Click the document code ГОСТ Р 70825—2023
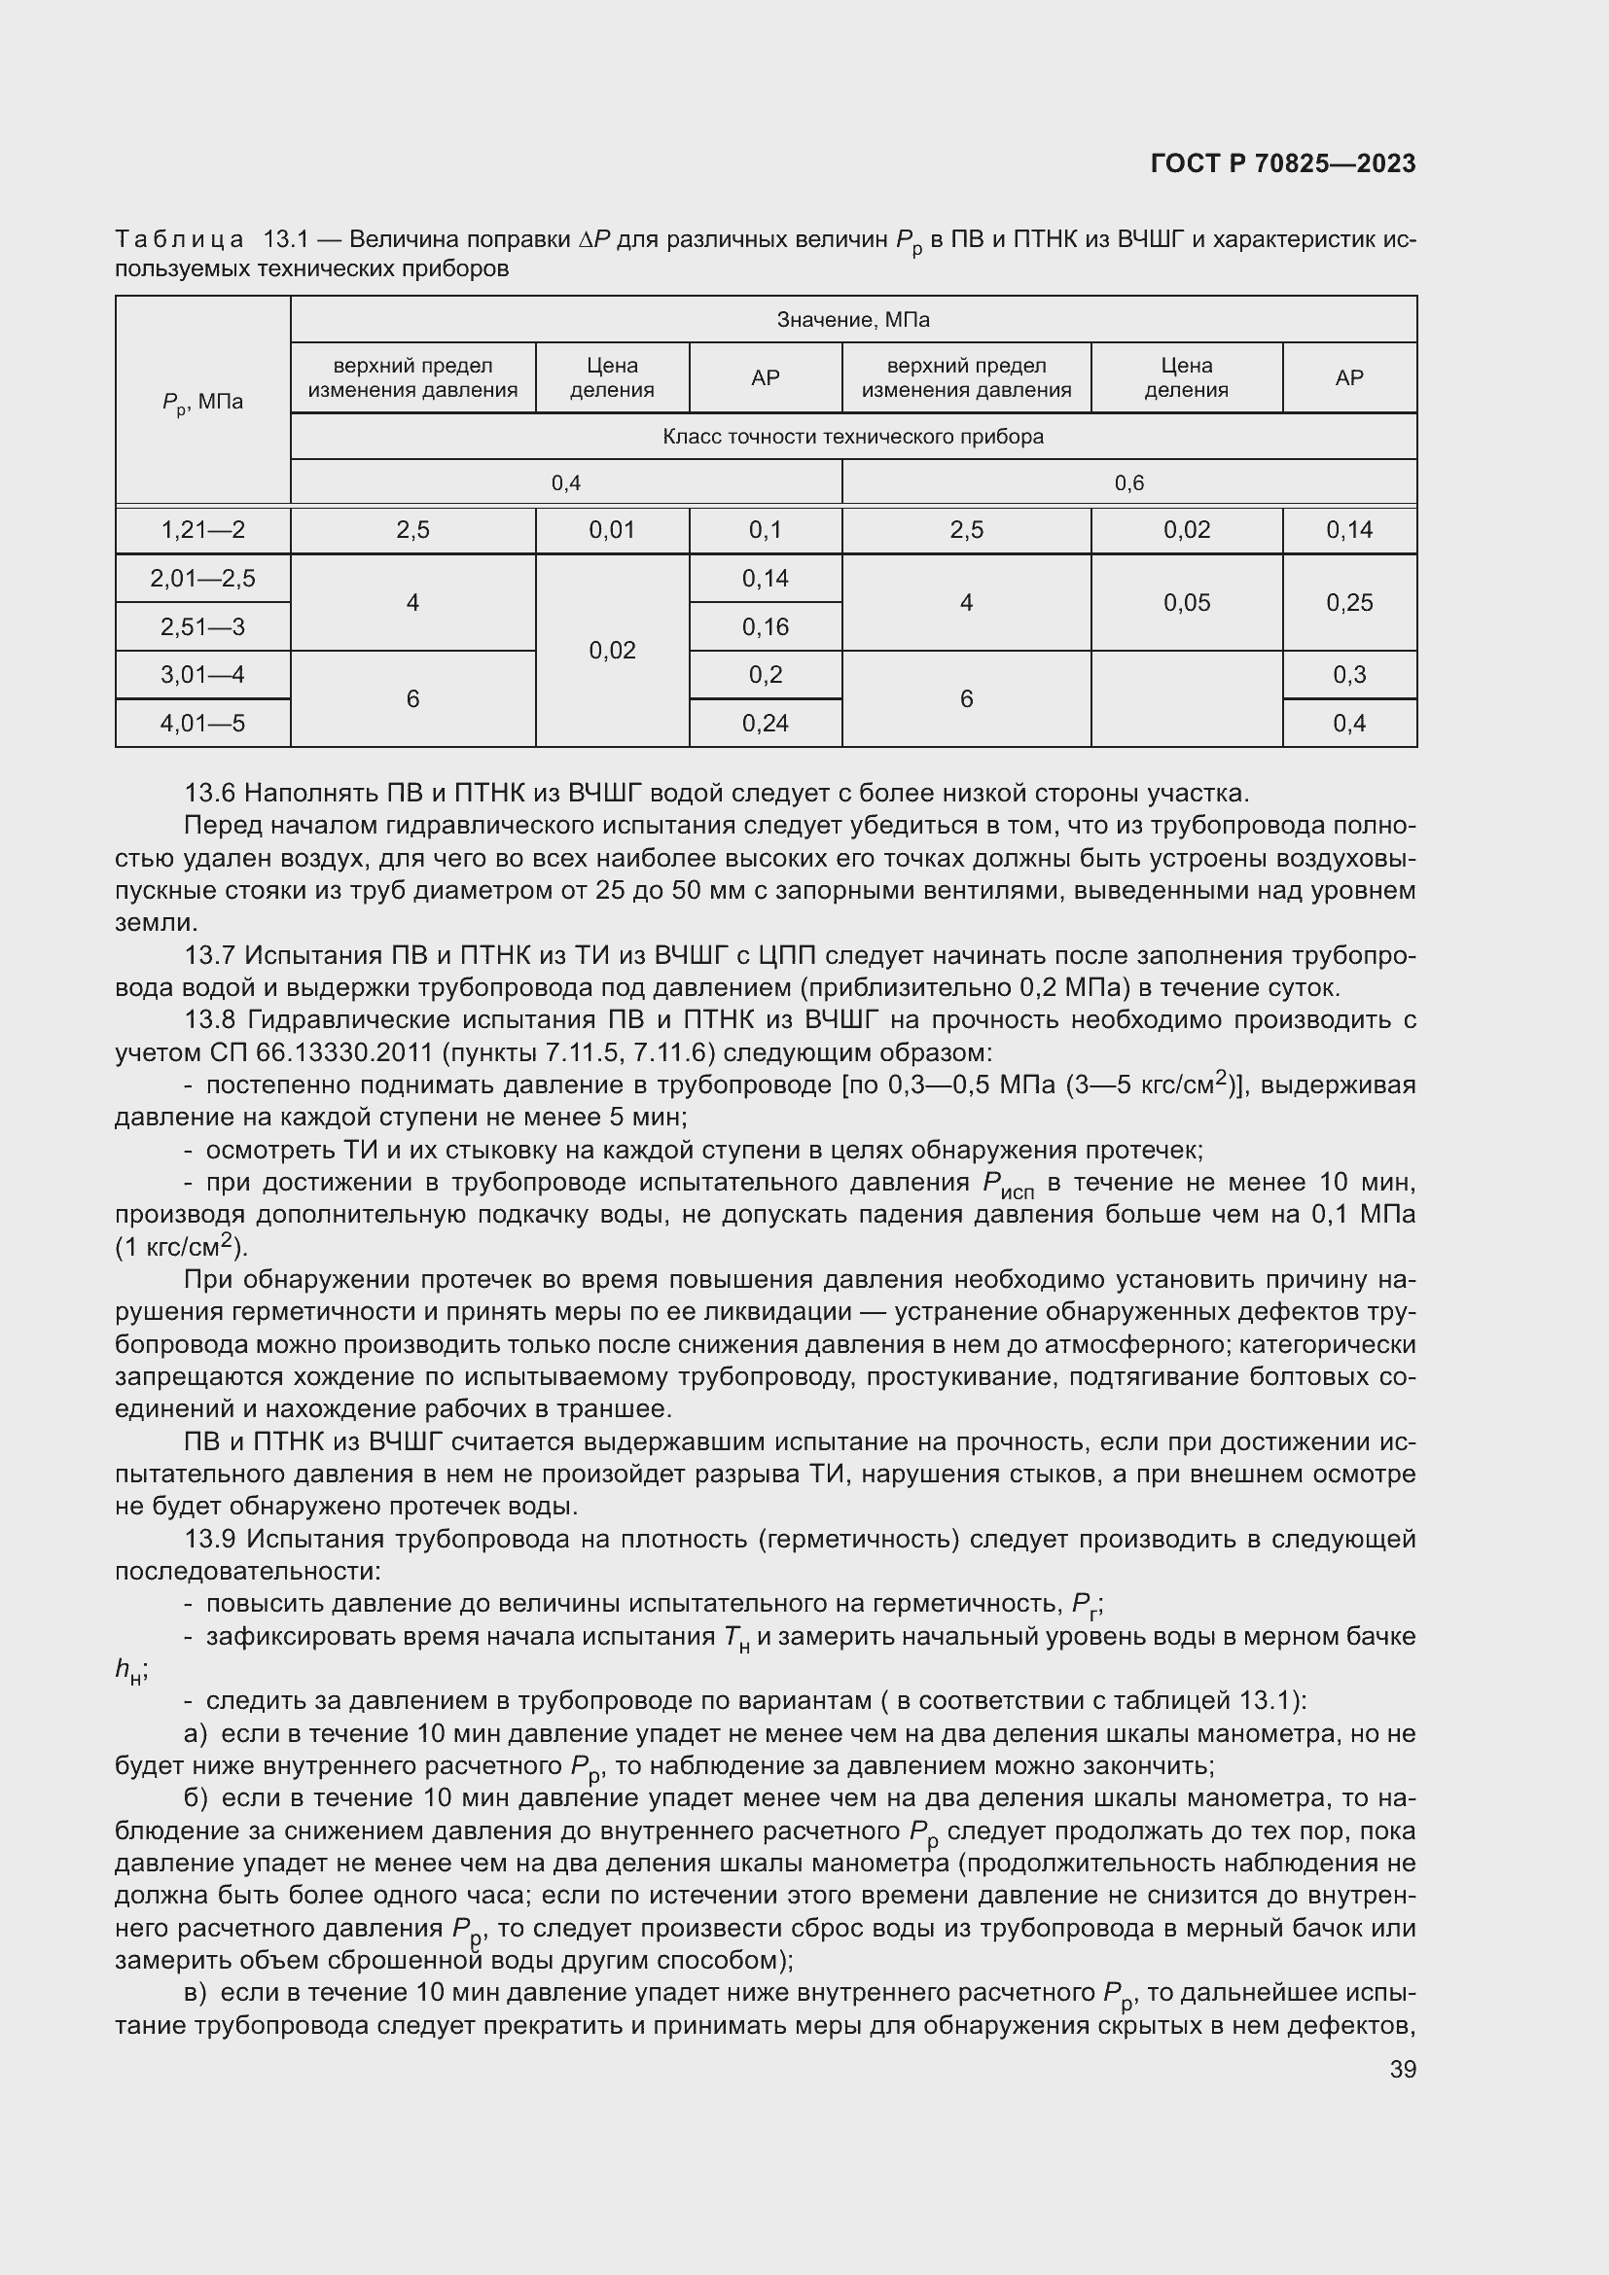[x=1283, y=163]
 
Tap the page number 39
[x=1402, y=2069]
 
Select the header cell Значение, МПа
[x=853, y=320]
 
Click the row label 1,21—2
[x=203, y=530]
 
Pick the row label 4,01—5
[x=203, y=724]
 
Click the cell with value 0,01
[x=612, y=530]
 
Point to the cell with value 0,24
[x=765, y=724]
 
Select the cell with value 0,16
[x=765, y=626]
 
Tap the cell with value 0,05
[x=1186, y=602]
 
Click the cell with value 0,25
[x=1349, y=602]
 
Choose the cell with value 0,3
[x=1349, y=675]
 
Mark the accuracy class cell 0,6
[x=1128, y=483]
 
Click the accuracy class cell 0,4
[x=566, y=483]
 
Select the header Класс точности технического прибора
[x=853, y=437]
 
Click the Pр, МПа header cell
[x=203, y=403]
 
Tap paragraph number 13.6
[x=210, y=794]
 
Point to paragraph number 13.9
[x=210, y=1539]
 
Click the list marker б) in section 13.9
[x=196, y=1798]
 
